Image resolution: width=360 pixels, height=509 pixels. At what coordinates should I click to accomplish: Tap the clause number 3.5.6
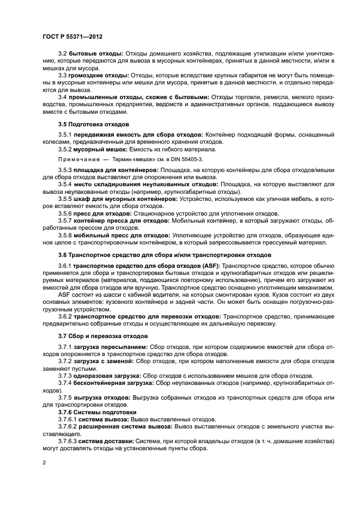coord(65,213)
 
